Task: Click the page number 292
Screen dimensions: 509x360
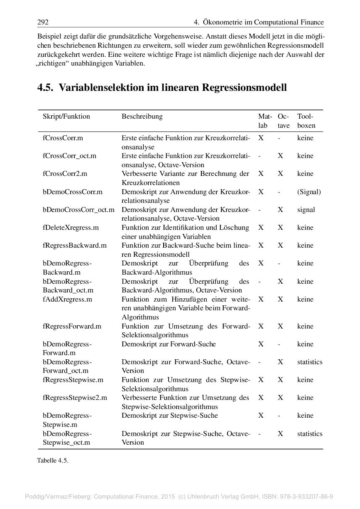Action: (43, 22)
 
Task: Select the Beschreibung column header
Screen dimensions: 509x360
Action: (142, 117)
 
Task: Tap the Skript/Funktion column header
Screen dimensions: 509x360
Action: (66, 117)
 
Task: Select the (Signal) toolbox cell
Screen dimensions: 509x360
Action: (309, 192)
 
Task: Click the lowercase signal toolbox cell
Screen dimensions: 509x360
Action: (306, 210)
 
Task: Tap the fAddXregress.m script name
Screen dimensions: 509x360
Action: (67, 300)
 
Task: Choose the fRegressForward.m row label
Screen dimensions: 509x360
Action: (72, 326)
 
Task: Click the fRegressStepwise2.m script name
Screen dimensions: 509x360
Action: (75, 398)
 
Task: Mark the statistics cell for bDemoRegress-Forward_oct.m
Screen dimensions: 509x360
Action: (309, 362)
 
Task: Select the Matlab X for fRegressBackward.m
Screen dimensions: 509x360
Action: (261, 246)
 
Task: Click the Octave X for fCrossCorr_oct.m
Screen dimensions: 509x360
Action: (281, 156)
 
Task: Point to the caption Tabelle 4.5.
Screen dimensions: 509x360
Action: (52, 460)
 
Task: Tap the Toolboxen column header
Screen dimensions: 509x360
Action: (306, 121)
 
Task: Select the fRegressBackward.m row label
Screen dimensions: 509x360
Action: (75, 246)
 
